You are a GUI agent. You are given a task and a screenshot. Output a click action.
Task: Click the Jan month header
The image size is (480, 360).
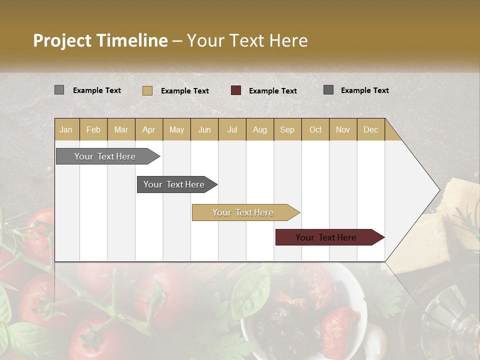click(66, 130)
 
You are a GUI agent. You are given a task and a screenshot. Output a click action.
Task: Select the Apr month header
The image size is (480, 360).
click(148, 130)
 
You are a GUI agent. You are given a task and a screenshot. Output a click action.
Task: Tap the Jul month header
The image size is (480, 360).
click(232, 130)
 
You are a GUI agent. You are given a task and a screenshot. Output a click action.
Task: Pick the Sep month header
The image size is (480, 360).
click(287, 130)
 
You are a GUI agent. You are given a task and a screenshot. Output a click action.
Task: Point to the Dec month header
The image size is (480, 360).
click(370, 130)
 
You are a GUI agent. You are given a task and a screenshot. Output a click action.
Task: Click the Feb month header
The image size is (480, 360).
click(93, 130)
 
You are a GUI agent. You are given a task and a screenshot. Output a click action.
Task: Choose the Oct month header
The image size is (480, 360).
click(315, 130)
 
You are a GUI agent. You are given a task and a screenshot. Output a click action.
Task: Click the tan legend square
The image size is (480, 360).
click(147, 90)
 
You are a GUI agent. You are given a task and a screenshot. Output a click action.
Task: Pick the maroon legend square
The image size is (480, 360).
click(236, 90)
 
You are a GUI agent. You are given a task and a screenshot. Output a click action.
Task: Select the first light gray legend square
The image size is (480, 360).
click(59, 90)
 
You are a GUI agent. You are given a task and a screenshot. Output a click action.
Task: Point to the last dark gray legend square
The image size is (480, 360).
click(328, 90)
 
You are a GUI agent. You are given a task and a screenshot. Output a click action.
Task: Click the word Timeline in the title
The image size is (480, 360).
click(131, 40)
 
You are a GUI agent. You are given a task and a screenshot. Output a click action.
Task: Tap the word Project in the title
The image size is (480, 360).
click(61, 40)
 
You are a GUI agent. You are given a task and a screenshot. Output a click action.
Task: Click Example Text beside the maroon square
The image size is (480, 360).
click(272, 91)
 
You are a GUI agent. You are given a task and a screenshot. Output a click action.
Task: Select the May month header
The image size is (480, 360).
click(176, 130)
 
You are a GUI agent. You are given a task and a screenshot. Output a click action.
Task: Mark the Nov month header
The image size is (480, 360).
click(343, 130)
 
